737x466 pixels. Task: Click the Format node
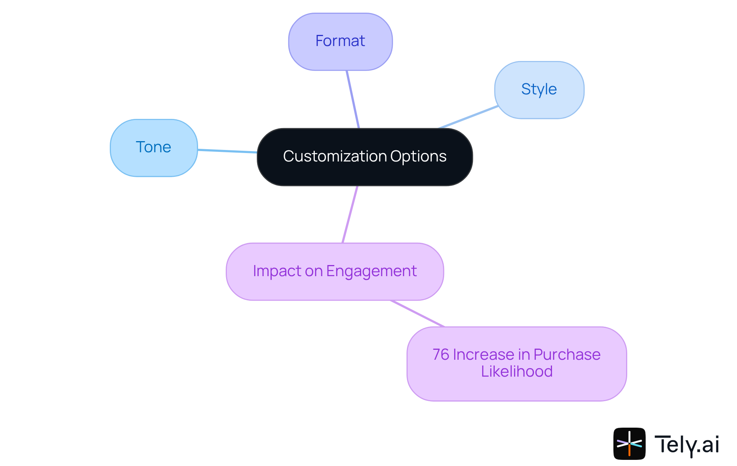point(340,41)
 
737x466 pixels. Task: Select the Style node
point(539,90)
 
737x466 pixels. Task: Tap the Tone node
point(154,148)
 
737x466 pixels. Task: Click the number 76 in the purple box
point(441,355)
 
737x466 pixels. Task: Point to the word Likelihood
point(517,372)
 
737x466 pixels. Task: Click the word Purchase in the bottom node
point(567,355)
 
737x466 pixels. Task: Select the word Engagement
point(371,272)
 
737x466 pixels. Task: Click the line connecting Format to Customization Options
point(353,99)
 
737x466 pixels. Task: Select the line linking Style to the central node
point(468,117)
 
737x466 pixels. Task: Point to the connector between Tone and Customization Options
point(227,151)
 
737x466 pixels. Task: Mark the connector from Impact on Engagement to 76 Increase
point(418,313)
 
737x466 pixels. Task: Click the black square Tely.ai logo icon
point(629,444)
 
